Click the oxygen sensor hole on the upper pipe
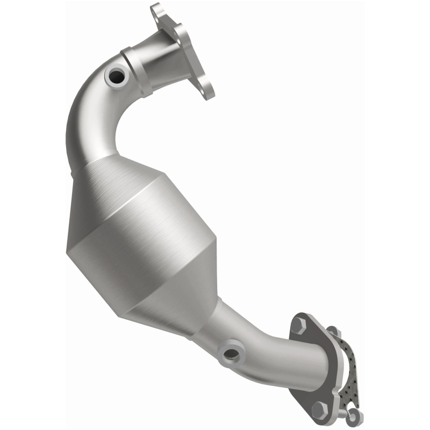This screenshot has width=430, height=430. (117, 77)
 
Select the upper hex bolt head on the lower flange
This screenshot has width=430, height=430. (298, 326)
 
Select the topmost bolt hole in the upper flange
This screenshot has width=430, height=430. (156, 10)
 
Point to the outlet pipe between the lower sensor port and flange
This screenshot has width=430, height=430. (269, 355)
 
